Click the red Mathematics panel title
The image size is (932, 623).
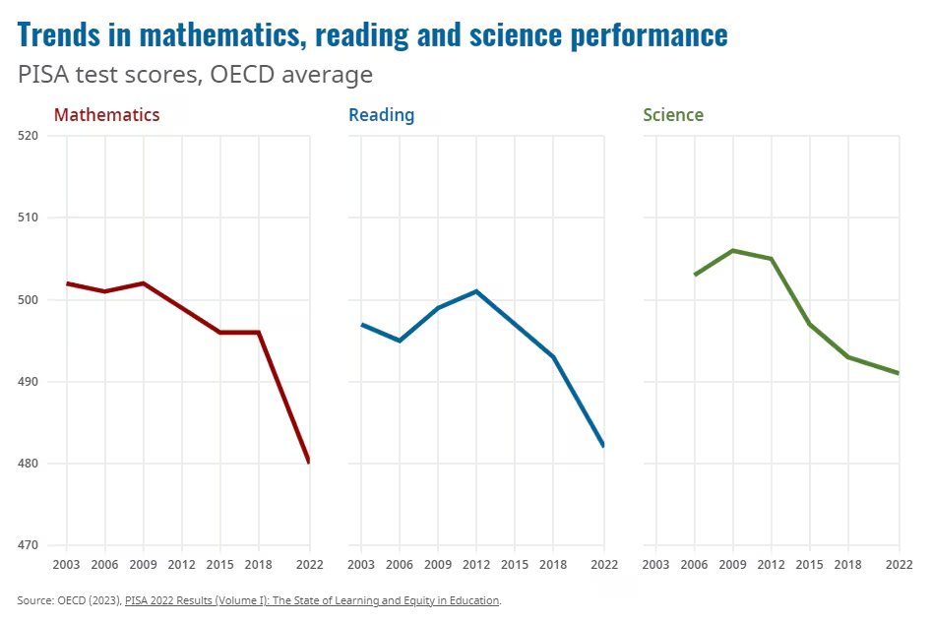tap(106, 115)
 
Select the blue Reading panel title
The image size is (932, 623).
tap(381, 115)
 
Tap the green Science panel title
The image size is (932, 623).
tap(673, 115)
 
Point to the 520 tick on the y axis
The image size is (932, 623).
tap(28, 136)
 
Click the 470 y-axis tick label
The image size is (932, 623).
tap(28, 545)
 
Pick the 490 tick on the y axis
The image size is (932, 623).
tap(28, 382)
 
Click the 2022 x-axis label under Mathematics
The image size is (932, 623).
tap(309, 565)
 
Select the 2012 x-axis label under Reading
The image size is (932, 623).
tap(476, 565)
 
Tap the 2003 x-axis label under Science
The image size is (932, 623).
tap(655, 565)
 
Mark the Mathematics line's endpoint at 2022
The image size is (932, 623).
tap(309, 463)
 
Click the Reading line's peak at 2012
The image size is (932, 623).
tap(476, 291)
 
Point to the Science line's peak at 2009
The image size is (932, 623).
tap(732, 250)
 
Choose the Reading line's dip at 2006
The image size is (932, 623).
tap(400, 341)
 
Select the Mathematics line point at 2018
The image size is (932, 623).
tap(258, 333)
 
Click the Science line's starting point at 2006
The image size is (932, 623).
tap(695, 275)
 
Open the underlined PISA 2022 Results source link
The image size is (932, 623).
tap(312, 599)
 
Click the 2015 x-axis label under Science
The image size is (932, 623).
tap(810, 565)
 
